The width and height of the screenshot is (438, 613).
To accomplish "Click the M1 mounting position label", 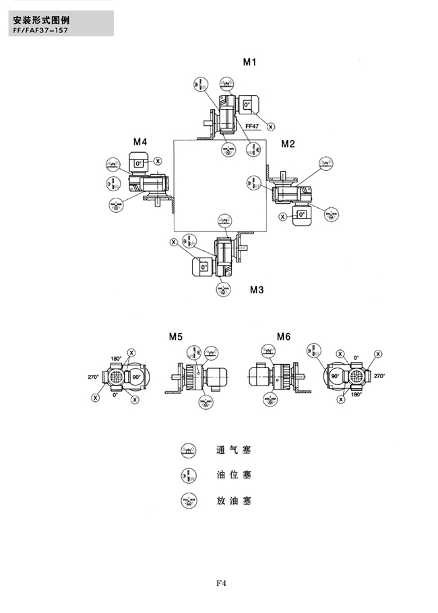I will (x=251, y=62).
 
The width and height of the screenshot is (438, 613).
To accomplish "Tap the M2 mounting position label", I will (x=288, y=143).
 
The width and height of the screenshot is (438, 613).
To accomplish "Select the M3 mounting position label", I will (x=257, y=290).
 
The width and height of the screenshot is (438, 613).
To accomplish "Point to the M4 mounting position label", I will (x=139, y=142).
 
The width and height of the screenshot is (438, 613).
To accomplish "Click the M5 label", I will (x=176, y=336).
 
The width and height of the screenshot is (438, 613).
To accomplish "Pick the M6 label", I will (x=283, y=336).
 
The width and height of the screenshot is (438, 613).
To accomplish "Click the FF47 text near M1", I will (x=253, y=126).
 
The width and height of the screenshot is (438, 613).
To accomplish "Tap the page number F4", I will (x=220, y=583).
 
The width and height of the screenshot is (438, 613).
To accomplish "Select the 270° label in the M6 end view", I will (x=379, y=376).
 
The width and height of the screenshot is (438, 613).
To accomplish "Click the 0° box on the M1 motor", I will (x=247, y=105).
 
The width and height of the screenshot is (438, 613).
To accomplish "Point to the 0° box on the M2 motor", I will (x=301, y=215).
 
